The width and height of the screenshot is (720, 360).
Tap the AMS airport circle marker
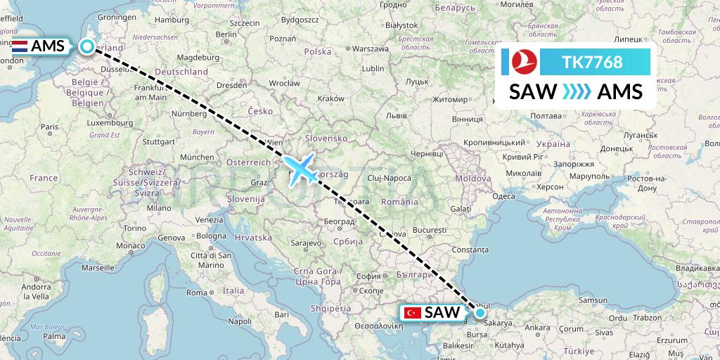(86, 46)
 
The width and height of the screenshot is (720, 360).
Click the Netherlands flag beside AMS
(20, 47)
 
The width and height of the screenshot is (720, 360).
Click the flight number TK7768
(592, 62)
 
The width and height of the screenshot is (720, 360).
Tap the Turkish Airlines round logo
(520, 63)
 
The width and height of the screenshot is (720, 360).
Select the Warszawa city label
(371, 49)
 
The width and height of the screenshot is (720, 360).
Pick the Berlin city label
(226, 34)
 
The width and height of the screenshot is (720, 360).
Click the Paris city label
(48, 127)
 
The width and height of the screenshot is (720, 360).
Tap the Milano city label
(159, 208)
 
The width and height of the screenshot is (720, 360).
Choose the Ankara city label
(537, 328)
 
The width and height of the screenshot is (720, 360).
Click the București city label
(430, 230)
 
